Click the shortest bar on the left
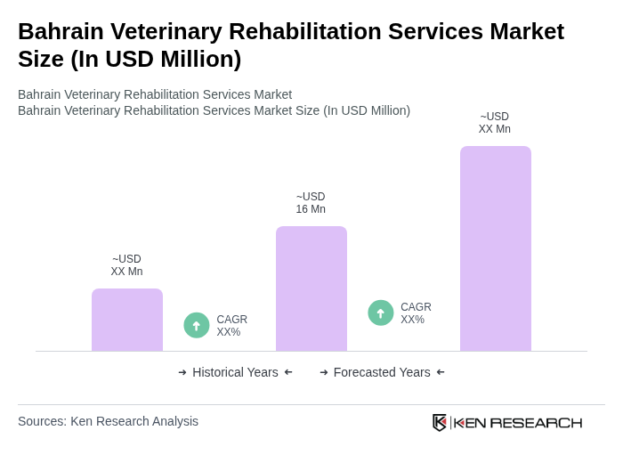pyautogui.click(x=127, y=320)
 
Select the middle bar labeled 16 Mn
pyautogui.click(x=311, y=288)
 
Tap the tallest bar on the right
pyautogui.click(x=495, y=248)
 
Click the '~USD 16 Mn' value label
pyautogui.click(x=311, y=203)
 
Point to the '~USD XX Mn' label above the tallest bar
pyautogui.click(x=495, y=123)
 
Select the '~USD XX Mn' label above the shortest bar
pyautogui.click(x=126, y=265)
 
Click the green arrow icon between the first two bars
pyautogui.click(x=197, y=325)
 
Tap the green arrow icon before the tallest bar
pyautogui.click(x=381, y=313)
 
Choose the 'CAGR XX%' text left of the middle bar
pyautogui.click(x=231, y=326)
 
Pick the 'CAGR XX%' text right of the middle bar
pyautogui.click(x=416, y=313)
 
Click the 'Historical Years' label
pyautogui.click(x=235, y=372)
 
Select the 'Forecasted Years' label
pyautogui.click(x=382, y=372)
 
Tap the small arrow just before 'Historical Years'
pyautogui.click(x=182, y=372)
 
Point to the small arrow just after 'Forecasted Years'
pyautogui.click(x=441, y=372)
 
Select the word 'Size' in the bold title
pyautogui.click(x=41, y=59)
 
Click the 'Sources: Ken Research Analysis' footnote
pyautogui.click(x=108, y=421)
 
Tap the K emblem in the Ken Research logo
pyautogui.click(x=440, y=422)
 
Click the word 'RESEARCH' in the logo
pyautogui.click(x=536, y=422)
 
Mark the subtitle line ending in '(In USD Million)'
pyautogui.click(x=214, y=110)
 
